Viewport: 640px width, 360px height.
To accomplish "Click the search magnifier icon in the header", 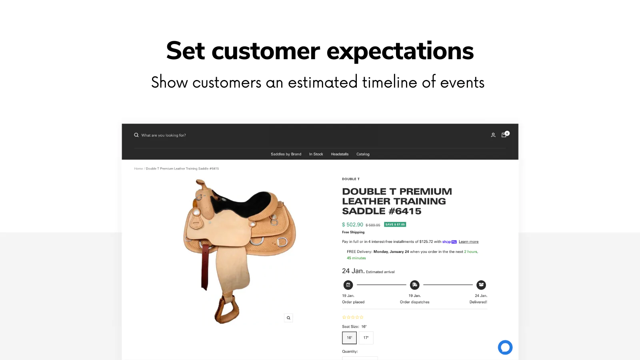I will pos(136,135).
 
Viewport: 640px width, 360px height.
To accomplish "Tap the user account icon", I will pos(493,135).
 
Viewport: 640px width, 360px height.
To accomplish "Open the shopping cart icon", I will pos(504,135).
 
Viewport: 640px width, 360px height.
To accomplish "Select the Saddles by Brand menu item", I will pos(286,154).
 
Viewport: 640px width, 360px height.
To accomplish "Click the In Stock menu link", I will pos(316,154).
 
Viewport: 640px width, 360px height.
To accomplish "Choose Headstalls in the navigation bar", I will pos(340,154).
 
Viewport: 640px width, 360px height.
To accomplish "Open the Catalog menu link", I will pos(363,154).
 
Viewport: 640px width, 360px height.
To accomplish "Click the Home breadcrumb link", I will pos(138,169).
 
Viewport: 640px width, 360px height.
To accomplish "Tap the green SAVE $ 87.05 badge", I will pos(395,224).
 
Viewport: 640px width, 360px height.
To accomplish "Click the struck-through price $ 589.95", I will pos(373,225).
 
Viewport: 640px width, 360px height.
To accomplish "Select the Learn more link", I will pos(468,242).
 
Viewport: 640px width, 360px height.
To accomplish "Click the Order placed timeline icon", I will pos(348,285).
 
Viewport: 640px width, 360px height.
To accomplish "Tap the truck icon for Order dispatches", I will pos(415,285).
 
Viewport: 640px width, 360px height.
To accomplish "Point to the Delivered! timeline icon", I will pos(481,285).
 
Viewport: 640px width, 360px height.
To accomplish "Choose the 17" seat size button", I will pos(366,338).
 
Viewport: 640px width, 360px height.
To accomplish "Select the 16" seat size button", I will pos(349,338).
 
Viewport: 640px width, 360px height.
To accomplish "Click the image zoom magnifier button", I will pos(288,318).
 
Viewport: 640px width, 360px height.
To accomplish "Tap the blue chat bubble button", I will pos(505,347).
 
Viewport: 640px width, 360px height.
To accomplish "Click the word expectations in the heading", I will pos(400,51).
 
